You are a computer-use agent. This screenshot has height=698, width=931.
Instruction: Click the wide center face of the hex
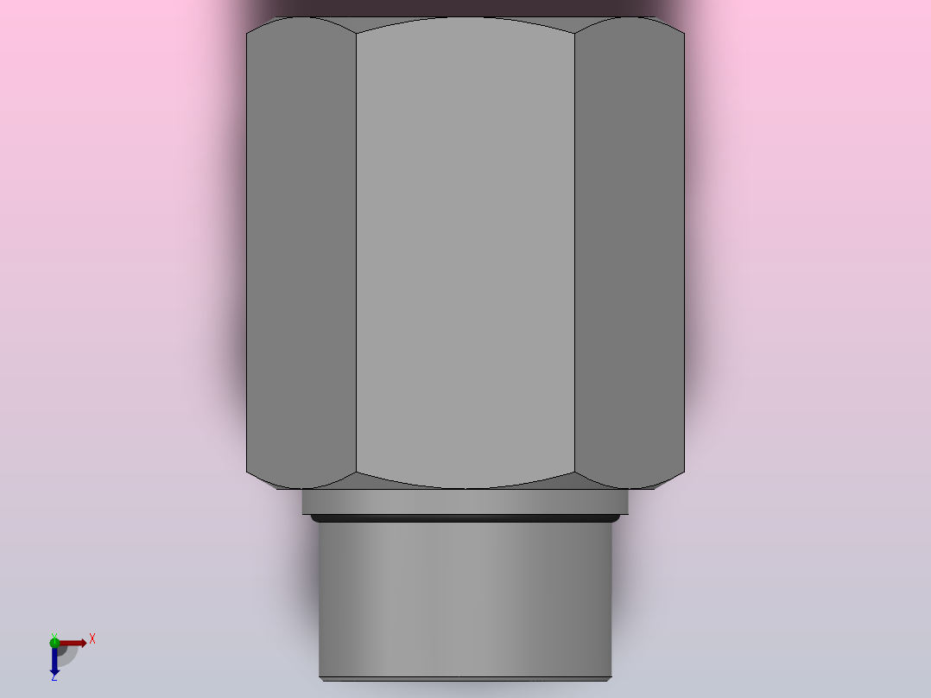(x=465, y=251)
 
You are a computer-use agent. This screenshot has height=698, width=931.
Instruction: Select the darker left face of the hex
(x=301, y=251)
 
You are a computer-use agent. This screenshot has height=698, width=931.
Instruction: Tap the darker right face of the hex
(x=630, y=251)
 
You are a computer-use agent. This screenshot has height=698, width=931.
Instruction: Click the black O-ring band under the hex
(x=465, y=518)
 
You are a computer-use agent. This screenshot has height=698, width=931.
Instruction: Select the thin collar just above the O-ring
(x=465, y=502)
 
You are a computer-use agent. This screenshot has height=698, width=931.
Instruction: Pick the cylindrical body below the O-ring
(x=465, y=596)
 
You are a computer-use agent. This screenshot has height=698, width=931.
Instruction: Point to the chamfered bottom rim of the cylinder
(x=465, y=678)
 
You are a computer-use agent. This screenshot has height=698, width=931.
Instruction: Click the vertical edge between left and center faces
(x=357, y=251)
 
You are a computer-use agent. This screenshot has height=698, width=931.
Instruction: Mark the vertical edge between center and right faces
(x=575, y=251)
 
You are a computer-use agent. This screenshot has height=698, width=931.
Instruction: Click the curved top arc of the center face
(x=465, y=19)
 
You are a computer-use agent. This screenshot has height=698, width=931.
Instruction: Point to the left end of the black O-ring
(x=314, y=518)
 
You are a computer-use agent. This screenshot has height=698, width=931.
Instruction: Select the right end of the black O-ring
(x=617, y=518)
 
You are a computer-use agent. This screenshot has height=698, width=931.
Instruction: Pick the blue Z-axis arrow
(x=54, y=662)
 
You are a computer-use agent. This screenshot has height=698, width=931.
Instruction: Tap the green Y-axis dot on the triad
(x=54, y=641)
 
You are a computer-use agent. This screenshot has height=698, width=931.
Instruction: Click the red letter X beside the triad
(x=92, y=638)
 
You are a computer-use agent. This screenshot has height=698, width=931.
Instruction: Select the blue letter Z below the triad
(x=54, y=678)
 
